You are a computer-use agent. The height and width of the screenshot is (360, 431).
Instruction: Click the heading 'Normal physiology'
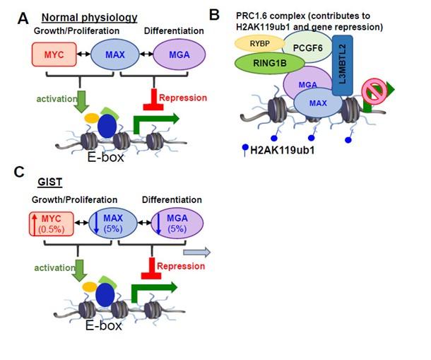point(99,17)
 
